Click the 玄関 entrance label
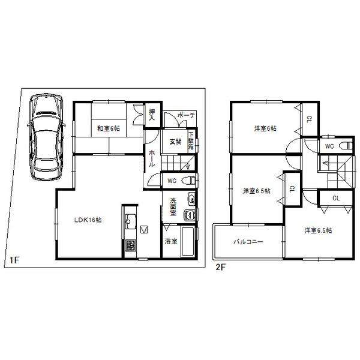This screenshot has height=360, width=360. pos(175,142)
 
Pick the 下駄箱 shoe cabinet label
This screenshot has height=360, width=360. pos(191,140)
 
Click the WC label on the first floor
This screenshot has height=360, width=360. pos(171,180)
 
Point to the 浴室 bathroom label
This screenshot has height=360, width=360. pos(171,241)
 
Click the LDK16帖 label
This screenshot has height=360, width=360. pos(88,220)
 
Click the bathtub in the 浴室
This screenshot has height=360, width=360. pos(188,242)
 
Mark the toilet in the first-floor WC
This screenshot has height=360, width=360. pos(188,179)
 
